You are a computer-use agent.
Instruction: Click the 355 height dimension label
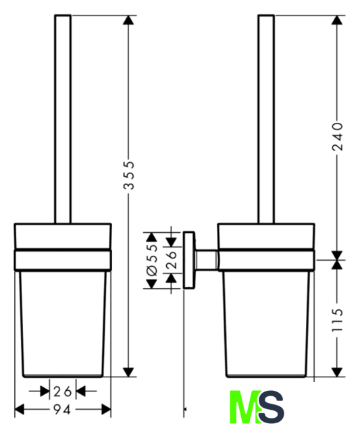(129, 175)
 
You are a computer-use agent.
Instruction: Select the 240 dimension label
(338, 137)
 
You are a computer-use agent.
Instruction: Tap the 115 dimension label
(338, 320)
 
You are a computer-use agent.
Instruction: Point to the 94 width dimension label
(62, 410)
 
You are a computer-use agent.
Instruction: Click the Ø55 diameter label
(152, 260)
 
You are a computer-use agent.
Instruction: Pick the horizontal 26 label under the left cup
(63, 391)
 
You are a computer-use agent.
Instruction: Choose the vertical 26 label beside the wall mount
(171, 259)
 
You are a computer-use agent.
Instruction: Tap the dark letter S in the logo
(272, 407)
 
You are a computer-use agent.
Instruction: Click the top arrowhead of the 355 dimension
(128, 20)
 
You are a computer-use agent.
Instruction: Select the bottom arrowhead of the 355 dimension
(128, 372)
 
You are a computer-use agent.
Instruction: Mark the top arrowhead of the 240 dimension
(337, 20)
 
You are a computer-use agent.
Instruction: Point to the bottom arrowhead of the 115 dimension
(337, 372)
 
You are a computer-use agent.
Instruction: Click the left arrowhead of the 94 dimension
(20, 410)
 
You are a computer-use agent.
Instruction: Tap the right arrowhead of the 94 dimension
(106, 410)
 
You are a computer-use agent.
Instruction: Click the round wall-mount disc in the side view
(189, 260)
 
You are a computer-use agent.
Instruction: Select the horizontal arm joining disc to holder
(207, 260)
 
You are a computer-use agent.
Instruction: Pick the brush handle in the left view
(63, 119)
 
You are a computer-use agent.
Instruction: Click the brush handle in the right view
(266, 119)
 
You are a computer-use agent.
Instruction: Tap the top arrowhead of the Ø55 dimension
(151, 237)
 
